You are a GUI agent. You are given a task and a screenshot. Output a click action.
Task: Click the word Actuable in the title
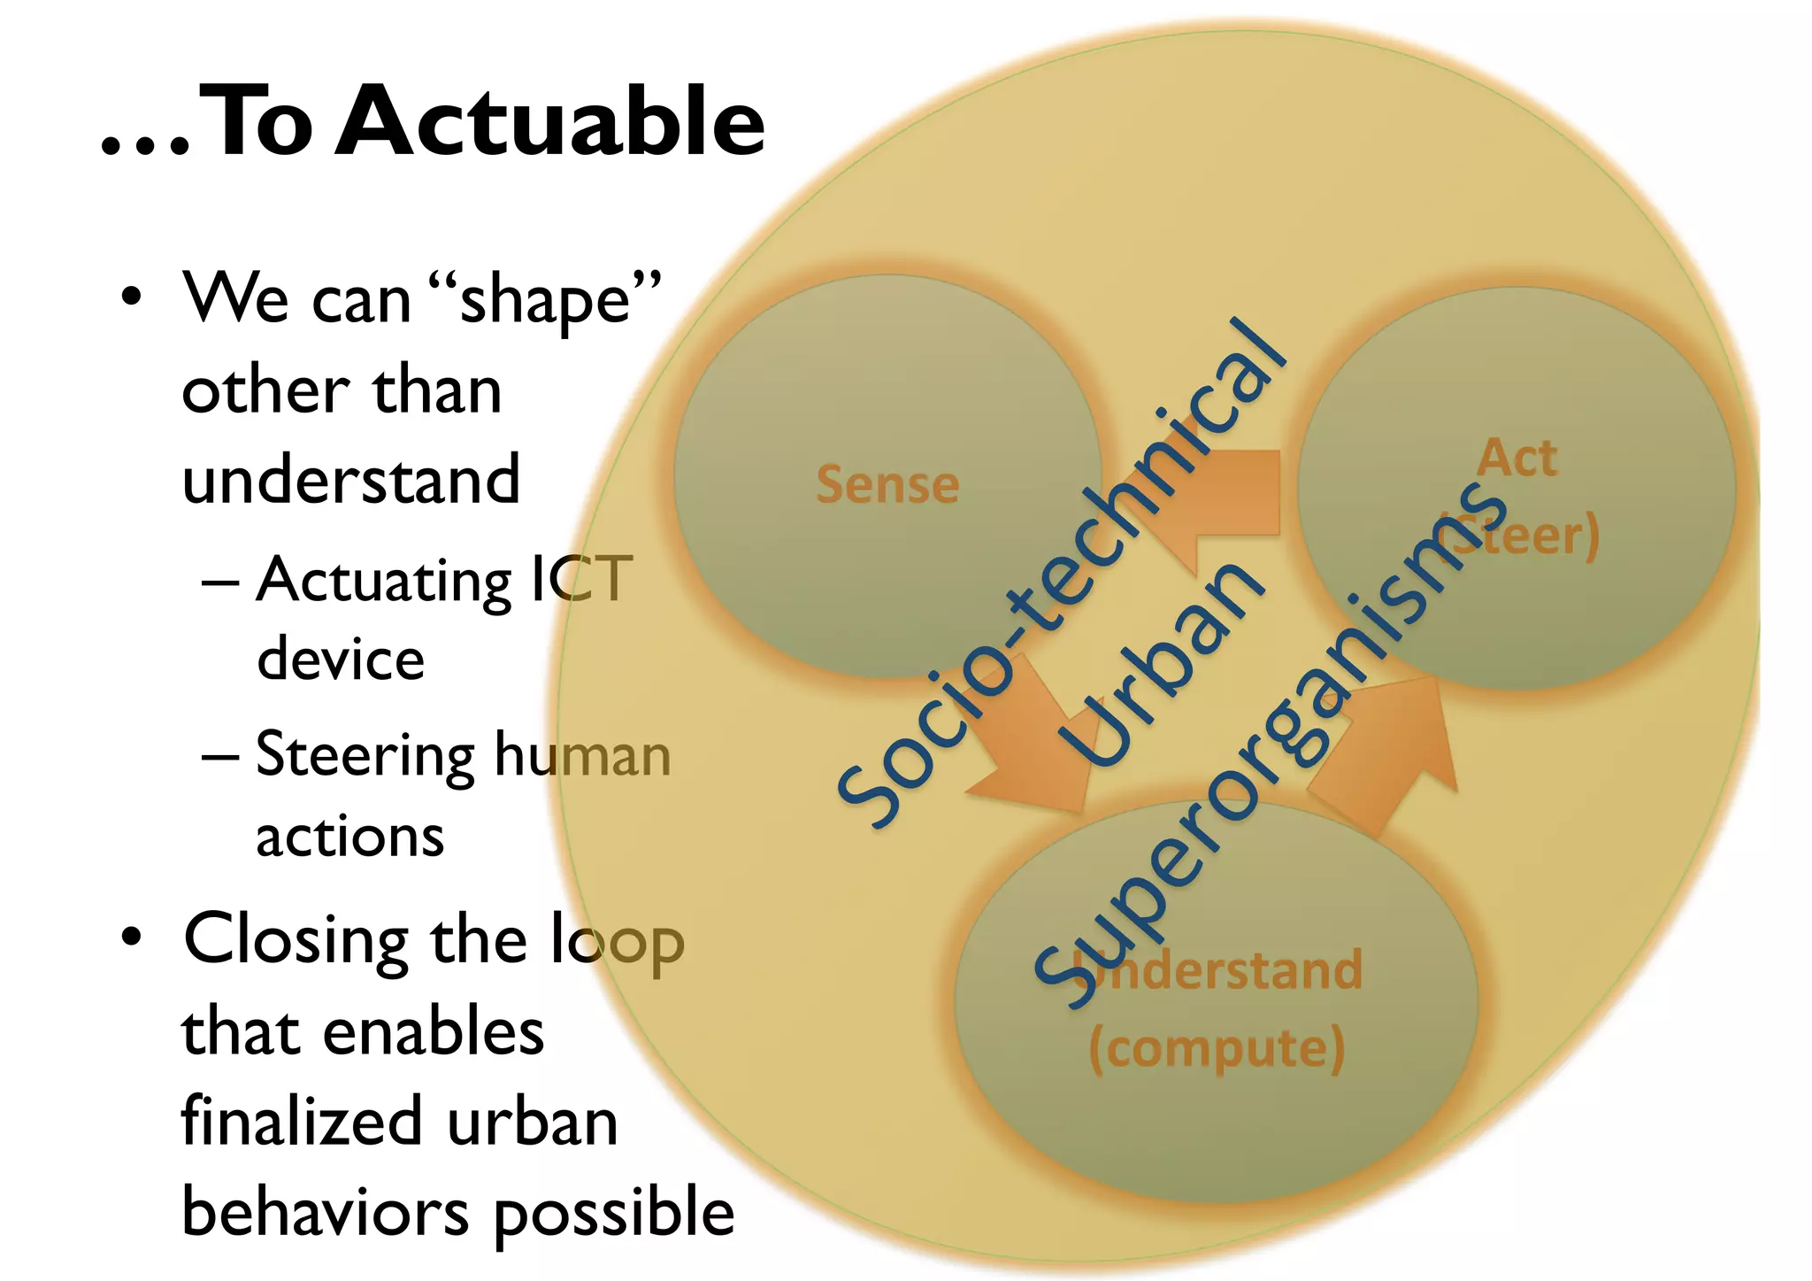[549, 121]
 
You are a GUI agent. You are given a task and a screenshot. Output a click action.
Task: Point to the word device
[341, 660]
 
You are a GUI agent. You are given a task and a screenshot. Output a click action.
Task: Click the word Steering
[365, 755]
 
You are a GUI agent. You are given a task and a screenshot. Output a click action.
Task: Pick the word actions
[349, 837]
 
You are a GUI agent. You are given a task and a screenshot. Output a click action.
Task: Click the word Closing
[296, 940]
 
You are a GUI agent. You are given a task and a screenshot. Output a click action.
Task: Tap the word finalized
[302, 1122]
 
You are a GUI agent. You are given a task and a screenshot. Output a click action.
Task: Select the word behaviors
[326, 1212]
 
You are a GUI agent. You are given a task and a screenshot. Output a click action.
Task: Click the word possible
[614, 1214]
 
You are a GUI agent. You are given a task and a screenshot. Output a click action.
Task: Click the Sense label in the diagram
[887, 485]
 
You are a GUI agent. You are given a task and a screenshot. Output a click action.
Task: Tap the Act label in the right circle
[1516, 459]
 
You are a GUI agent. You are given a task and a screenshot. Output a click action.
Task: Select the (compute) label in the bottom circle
[1217, 1049]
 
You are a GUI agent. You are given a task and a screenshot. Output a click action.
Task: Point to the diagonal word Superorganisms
[1274, 744]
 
